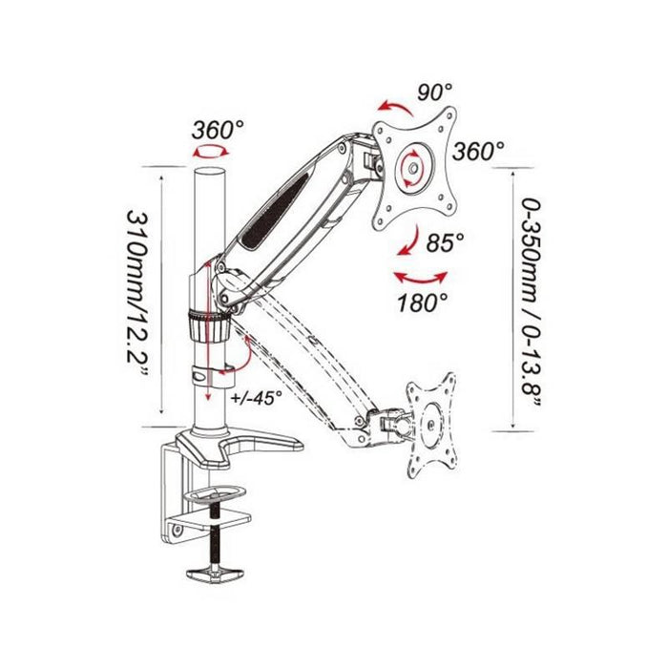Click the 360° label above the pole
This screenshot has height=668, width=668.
coord(218,130)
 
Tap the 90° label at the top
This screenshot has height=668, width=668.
coord(434,92)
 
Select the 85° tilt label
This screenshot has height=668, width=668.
coord(446,242)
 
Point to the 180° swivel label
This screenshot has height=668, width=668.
coord(423,303)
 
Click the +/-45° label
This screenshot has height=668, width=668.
coord(257,398)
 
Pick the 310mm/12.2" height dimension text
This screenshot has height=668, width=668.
coord(137,293)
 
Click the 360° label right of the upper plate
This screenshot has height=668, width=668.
coord(478,151)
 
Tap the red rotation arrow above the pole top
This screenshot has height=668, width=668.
coord(211,151)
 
